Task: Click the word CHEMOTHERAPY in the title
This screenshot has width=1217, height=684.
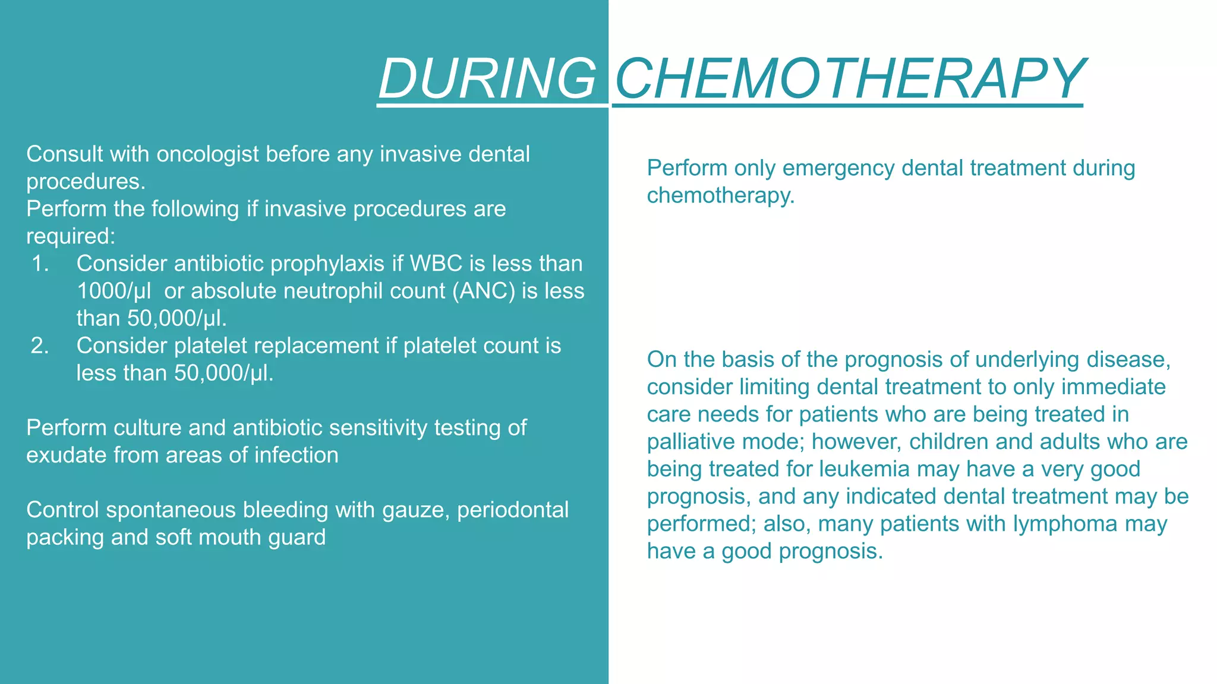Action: [850, 78]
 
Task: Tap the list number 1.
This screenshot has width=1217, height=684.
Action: [40, 264]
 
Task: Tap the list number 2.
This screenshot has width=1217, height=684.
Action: [40, 346]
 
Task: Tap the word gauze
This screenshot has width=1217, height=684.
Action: [415, 510]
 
